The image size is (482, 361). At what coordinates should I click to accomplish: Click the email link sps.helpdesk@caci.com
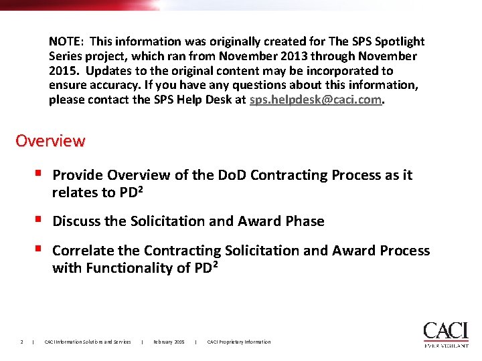click(316, 100)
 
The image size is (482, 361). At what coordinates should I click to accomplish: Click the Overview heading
click(50, 141)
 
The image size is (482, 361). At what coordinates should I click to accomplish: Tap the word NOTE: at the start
click(67, 41)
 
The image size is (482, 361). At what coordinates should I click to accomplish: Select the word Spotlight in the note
click(399, 41)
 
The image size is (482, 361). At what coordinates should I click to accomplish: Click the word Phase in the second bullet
click(305, 221)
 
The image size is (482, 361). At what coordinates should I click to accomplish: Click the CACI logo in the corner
click(445, 331)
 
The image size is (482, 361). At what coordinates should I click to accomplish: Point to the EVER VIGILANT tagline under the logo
click(446, 345)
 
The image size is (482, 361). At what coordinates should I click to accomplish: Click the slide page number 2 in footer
click(21, 342)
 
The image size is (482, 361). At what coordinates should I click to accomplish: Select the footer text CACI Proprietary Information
click(239, 342)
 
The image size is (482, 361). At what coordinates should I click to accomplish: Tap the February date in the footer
click(169, 342)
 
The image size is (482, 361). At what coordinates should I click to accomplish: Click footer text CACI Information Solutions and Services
click(88, 342)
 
